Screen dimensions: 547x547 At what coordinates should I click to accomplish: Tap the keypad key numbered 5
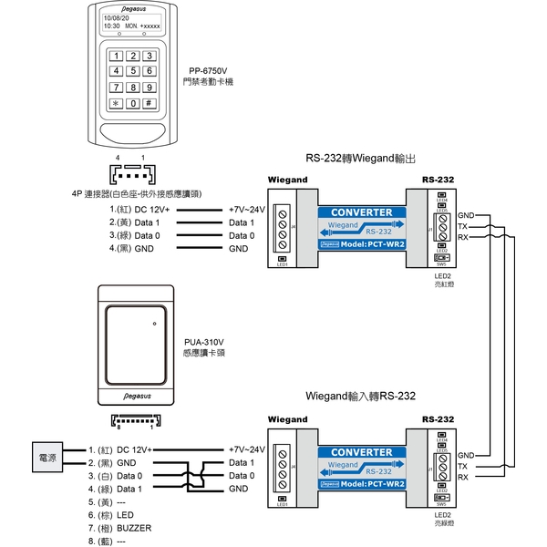(x=132, y=71)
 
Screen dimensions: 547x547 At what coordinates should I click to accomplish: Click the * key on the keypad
(x=116, y=104)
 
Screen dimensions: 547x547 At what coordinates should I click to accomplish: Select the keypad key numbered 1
(x=116, y=56)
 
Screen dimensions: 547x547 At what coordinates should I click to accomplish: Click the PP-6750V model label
(x=207, y=70)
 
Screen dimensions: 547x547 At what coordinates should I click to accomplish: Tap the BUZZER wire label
(x=134, y=528)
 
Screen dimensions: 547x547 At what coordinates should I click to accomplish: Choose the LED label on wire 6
(x=125, y=515)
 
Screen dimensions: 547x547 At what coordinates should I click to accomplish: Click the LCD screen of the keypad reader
(x=132, y=23)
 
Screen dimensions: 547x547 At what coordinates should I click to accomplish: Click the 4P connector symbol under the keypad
(x=131, y=174)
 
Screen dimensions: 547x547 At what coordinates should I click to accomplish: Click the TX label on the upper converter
(x=463, y=226)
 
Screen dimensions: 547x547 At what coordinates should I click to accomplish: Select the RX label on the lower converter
(x=463, y=478)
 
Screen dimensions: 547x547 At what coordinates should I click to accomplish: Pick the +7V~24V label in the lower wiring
(x=246, y=449)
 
